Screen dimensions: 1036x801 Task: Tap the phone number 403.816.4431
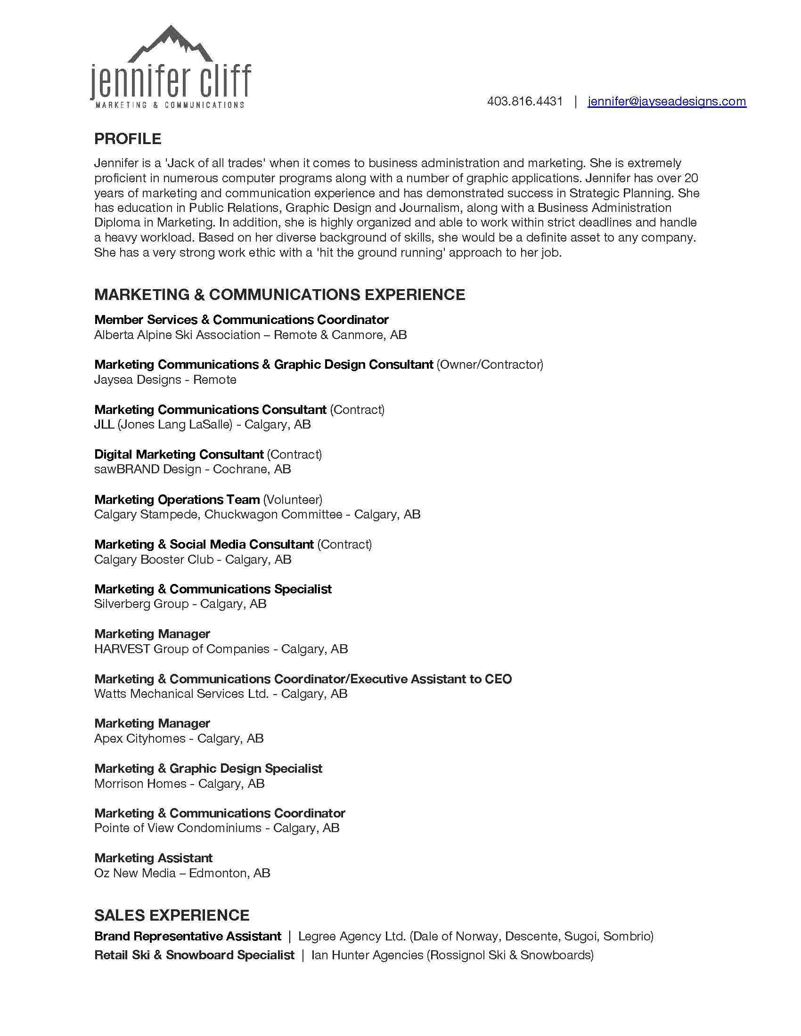[x=525, y=102]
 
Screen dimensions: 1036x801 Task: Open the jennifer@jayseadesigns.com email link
[x=667, y=102]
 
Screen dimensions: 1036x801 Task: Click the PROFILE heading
[x=128, y=139]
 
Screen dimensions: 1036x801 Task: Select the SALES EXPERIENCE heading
[x=172, y=915]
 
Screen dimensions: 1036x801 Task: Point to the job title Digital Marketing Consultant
[x=179, y=454]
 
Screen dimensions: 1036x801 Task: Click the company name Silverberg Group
[x=141, y=603]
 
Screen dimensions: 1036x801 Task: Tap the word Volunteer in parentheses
[x=293, y=499]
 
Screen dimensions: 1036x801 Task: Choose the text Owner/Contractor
[x=489, y=364]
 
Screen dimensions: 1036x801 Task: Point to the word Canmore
[x=357, y=335]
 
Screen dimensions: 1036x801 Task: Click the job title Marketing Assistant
[x=153, y=858]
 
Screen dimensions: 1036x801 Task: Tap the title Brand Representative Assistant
[x=188, y=936]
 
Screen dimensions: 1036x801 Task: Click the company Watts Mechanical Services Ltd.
[x=181, y=694]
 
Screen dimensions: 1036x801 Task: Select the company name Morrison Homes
[x=140, y=783]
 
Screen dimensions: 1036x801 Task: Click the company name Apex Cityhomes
[x=139, y=738]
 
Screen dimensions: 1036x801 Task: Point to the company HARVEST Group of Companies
[x=182, y=648]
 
